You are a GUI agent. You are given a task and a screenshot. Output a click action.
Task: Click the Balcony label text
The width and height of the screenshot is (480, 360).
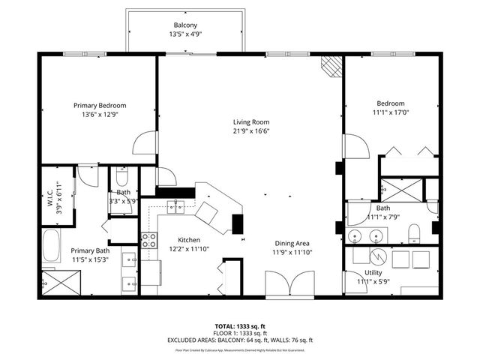click(x=185, y=25)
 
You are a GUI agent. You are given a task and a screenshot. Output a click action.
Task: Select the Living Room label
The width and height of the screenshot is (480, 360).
click(x=250, y=122)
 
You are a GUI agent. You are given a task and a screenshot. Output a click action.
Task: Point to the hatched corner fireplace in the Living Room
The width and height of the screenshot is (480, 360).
click(x=330, y=66)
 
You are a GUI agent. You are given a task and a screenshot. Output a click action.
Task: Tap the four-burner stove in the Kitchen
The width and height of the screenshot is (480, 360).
click(x=149, y=241)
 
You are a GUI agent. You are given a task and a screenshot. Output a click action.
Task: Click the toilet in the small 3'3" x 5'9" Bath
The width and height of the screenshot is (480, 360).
click(x=123, y=179)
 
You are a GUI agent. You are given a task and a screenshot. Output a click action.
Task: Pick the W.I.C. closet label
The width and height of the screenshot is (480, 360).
click(x=49, y=196)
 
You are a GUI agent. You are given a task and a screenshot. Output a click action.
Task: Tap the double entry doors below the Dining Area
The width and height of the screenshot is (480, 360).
click(x=290, y=285)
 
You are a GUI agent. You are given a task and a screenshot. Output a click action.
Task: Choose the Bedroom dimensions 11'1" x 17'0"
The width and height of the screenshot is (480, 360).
click(x=391, y=112)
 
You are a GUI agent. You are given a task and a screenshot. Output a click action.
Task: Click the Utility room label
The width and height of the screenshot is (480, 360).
click(x=373, y=273)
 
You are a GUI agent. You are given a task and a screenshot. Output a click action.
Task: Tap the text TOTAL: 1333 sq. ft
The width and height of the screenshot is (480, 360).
click(x=240, y=327)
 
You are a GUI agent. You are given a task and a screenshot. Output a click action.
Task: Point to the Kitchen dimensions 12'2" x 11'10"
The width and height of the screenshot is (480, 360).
click(x=184, y=250)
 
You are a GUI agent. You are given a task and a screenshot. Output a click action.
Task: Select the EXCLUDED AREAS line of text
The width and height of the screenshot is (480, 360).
click(x=240, y=341)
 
